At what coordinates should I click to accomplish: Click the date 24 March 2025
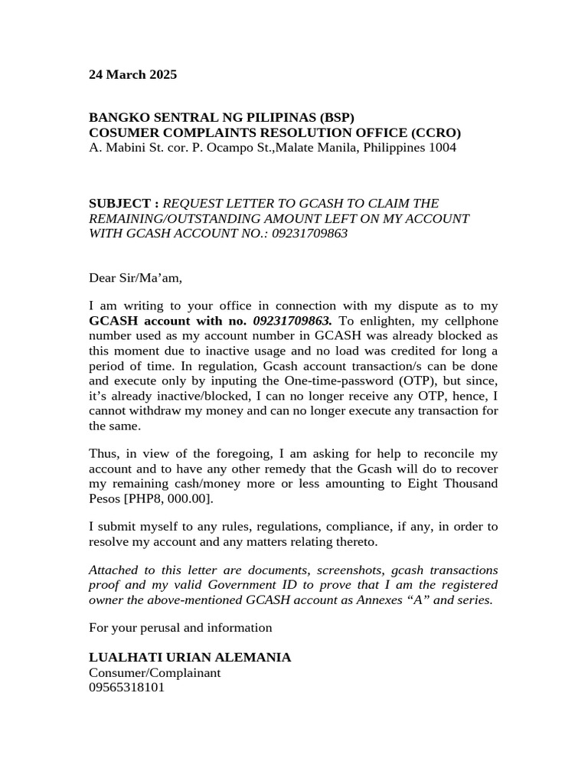pyautogui.click(x=132, y=75)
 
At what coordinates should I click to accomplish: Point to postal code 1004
pyautogui.click(x=442, y=147)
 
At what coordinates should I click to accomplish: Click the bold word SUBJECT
pyautogui.click(x=120, y=204)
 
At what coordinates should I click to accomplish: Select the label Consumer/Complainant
pyautogui.click(x=155, y=673)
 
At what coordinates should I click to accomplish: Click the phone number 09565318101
pyautogui.click(x=126, y=688)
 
